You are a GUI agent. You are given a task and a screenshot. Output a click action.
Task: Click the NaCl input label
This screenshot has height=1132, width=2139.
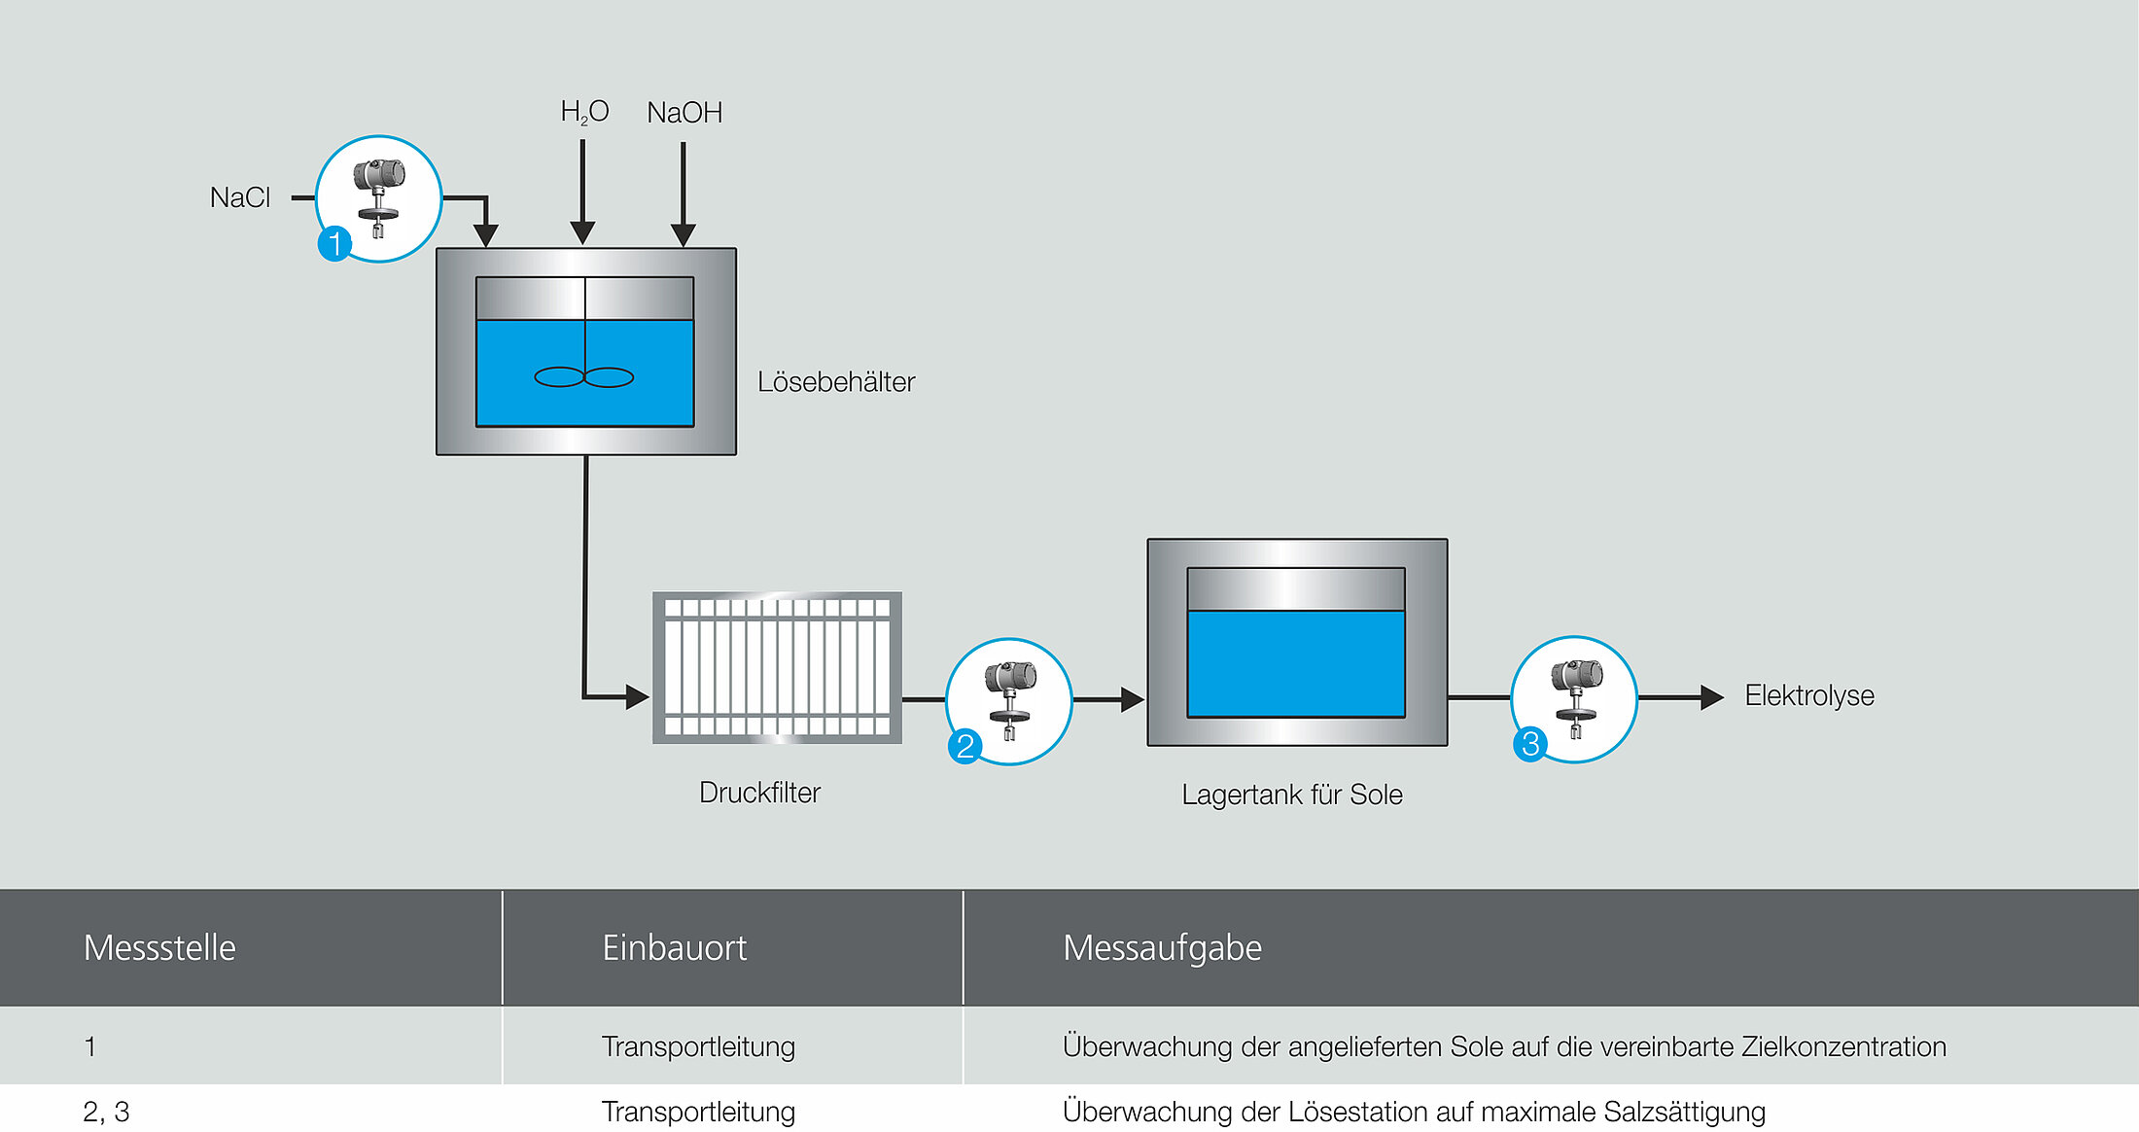coord(240,197)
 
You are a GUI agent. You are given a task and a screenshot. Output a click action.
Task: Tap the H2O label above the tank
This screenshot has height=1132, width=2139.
coord(584,113)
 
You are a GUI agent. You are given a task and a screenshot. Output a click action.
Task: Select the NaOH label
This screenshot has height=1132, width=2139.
coord(684,113)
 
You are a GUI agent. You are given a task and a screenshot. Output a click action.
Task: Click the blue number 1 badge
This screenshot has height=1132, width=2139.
coord(334,243)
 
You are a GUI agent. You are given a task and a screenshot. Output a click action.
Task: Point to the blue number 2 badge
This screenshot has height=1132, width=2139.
coord(964,746)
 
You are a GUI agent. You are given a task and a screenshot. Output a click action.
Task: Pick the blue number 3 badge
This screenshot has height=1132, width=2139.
coord(1529,744)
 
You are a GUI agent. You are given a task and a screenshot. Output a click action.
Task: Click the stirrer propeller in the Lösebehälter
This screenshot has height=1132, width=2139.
coord(584,377)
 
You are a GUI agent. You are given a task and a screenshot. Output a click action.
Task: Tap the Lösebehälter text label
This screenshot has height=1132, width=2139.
coord(836,382)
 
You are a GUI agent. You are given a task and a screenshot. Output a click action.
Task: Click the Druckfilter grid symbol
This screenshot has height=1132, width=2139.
coord(777,667)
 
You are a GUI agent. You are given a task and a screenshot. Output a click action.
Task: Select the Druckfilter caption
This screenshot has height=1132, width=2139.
coord(759,793)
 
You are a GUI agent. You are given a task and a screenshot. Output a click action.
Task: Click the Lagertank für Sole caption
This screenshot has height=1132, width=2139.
coord(1292,795)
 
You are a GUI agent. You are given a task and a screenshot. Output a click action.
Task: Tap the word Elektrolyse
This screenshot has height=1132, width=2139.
coord(1809,695)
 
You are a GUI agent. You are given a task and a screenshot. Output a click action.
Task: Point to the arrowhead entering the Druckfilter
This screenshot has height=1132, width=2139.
coord(637,696)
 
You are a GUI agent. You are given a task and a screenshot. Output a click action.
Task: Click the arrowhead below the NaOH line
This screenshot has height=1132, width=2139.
coord(684,234)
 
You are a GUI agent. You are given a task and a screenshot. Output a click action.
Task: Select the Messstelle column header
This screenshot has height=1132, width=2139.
coord(159,947)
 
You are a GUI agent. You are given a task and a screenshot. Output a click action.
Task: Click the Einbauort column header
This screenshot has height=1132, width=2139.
coord(674,947)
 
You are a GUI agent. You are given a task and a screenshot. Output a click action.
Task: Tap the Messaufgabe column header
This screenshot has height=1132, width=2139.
coord(1162,947)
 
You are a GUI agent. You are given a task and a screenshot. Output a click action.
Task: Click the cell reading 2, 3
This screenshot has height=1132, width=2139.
coord(106,1112)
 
